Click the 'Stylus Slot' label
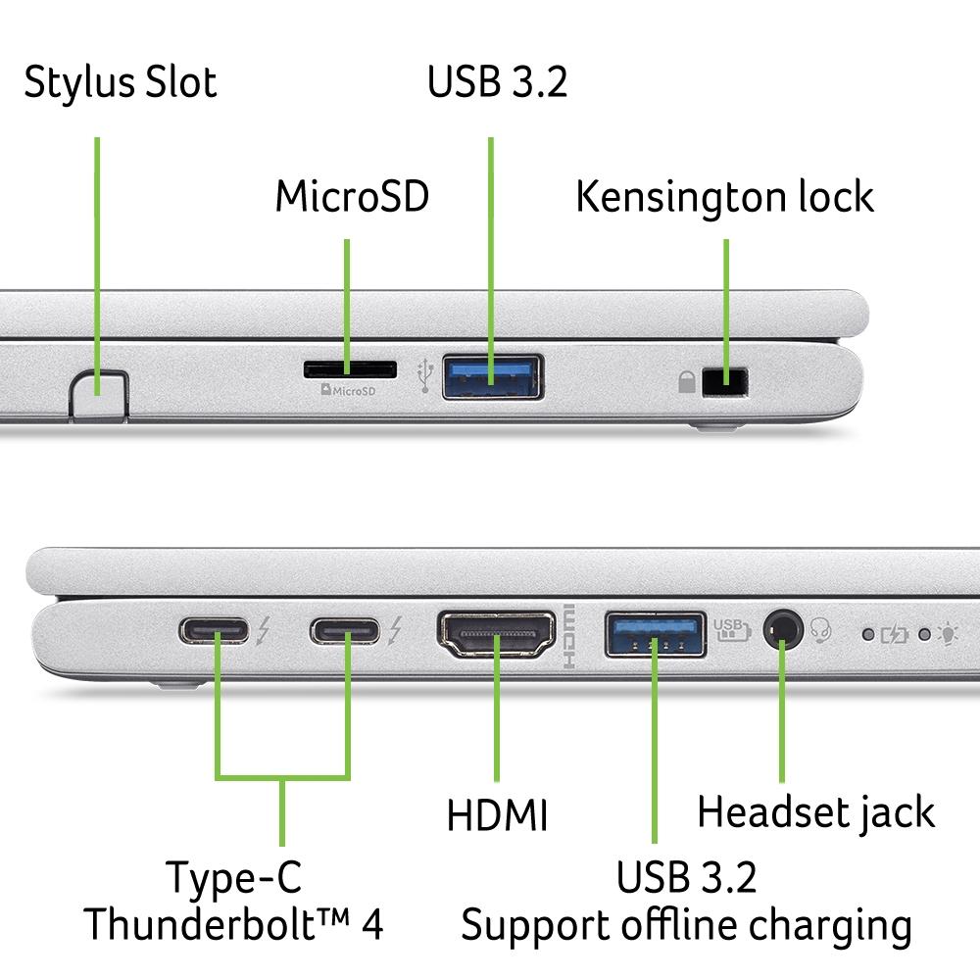tap(120, 82)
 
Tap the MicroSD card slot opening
tap(350, 369)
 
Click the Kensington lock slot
tap(726, 380)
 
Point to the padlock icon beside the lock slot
tap(687, 381)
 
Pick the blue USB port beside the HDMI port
tap(655, 637)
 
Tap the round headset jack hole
tap(782, 628)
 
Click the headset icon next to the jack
tap(821, 632)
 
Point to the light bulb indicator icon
tap(948, 633)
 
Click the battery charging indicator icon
tap(895, 634)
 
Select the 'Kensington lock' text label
tap(724, 197)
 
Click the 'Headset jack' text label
tap(815, 811)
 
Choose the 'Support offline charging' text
tap(686, 924)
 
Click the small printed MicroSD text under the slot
tap(349, 391)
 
